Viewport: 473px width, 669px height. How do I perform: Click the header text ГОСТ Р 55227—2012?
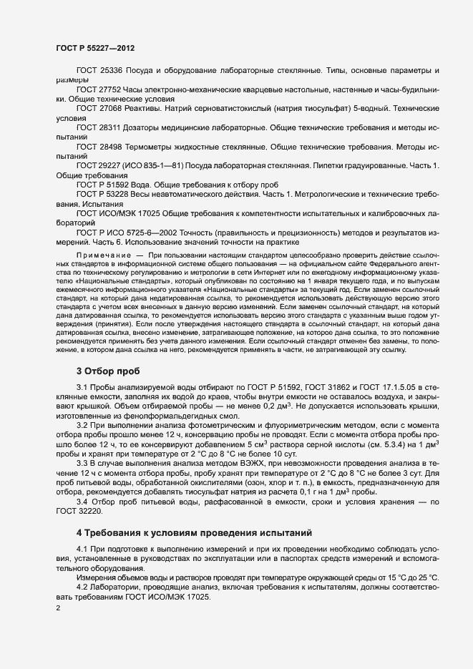coord(94,48)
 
